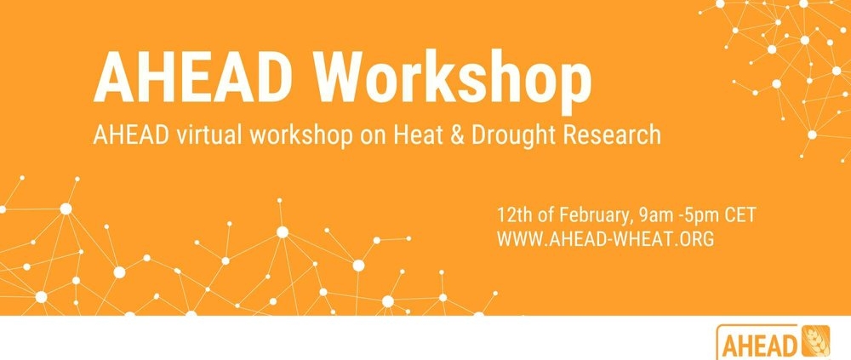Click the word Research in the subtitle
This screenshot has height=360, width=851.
click(611, 134)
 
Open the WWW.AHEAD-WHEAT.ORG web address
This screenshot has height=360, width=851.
click(605, 239)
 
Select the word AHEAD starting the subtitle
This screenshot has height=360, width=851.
click(131, 134)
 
